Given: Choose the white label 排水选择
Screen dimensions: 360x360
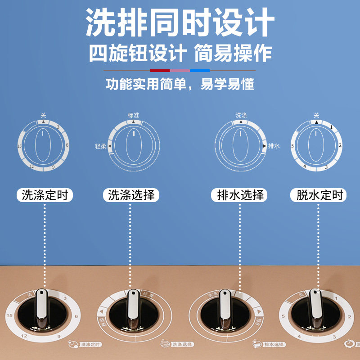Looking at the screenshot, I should [x=240, y=195].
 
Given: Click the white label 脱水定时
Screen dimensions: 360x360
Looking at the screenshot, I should [x=320, y=195].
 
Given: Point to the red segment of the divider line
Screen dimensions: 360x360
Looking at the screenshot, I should [x=160, y=70].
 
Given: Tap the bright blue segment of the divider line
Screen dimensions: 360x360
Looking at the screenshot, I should [x=200, y=70].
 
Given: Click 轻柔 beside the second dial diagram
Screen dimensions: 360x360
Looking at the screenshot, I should [x=100, y=146].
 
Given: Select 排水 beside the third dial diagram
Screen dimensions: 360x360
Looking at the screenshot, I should [x=274, y=146].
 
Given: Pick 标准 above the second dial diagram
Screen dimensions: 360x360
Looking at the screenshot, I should [x=134, y=115].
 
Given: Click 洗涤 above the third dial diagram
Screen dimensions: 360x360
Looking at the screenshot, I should [x=241, y=115].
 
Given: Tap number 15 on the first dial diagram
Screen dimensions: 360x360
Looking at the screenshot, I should [x=20, y=146].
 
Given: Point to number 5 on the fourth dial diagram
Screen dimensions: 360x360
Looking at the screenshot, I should [x=292, y=146].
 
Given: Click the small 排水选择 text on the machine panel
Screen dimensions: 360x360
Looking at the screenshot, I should [x=274, y=345].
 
